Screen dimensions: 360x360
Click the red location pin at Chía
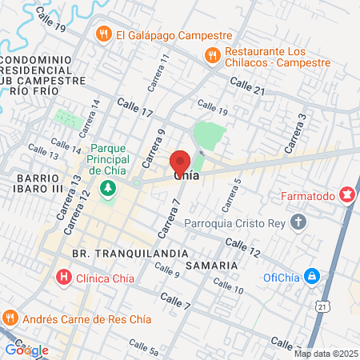(181, 159)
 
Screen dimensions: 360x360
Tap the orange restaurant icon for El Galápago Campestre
(102, 34)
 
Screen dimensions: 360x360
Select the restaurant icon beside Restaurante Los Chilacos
(212, 54)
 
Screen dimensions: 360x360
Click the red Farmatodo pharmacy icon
(346, 194)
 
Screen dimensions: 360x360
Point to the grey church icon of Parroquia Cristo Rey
(298, 222)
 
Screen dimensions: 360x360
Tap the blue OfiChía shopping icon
(313, 278)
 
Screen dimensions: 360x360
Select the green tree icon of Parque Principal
(107, 189)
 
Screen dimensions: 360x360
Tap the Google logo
(26, 350)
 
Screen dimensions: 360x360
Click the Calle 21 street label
(247, 86)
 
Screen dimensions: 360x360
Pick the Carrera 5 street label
(235, 193)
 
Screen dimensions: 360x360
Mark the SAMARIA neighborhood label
(211, 265)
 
